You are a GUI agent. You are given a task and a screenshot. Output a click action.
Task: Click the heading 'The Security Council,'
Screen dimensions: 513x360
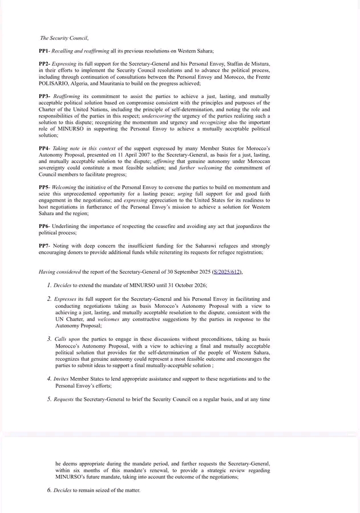pos(64,38)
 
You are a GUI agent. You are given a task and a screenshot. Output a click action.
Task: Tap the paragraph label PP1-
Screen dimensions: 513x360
pos(46,51)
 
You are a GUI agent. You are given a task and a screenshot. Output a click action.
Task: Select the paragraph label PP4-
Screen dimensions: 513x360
pos(46,148)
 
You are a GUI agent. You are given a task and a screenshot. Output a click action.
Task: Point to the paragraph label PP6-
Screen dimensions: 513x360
pos(46,226)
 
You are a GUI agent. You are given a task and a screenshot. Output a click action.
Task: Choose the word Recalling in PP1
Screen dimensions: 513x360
pos(68,51)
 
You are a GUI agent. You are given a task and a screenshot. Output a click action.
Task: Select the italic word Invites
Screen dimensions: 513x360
pos(62,379)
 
